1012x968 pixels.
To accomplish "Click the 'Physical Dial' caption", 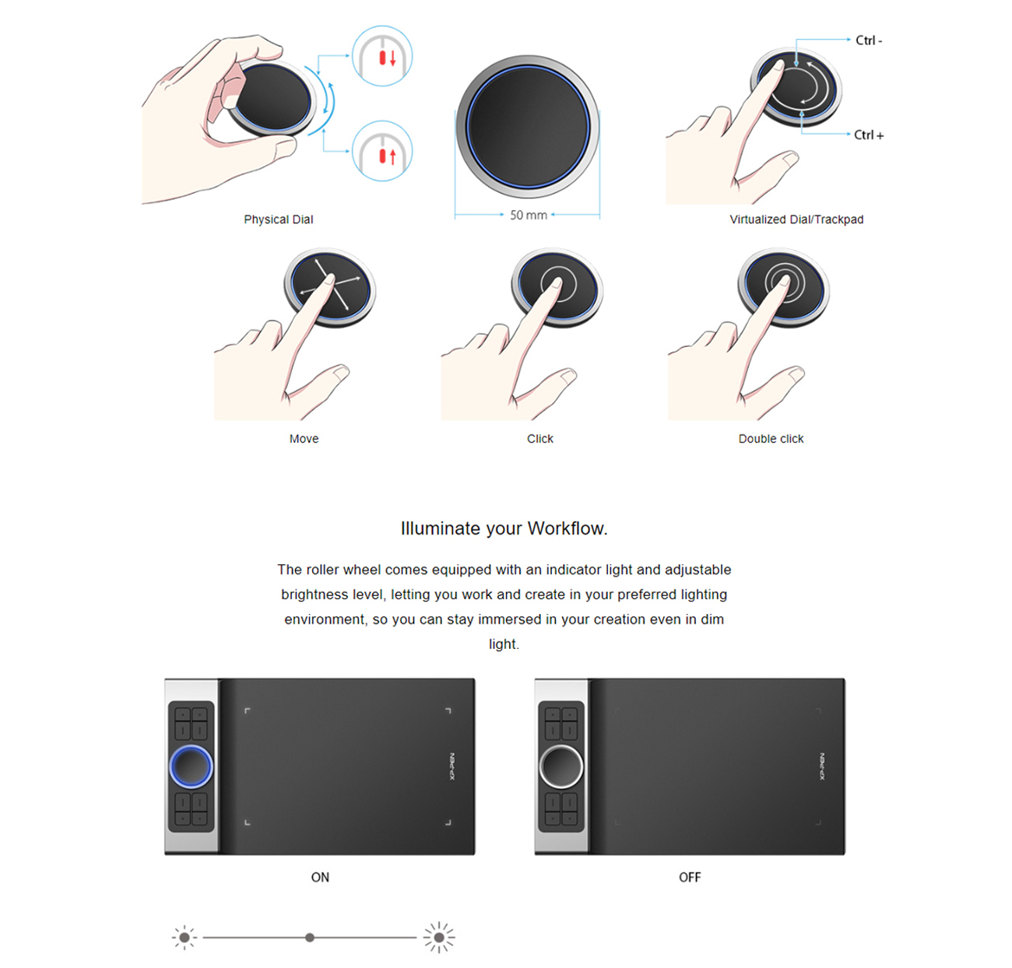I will pyautogui.click(x=278, y=219).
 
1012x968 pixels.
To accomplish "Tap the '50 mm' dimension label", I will pyautogui.click(x=528, y=216).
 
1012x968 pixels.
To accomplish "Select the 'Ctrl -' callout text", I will pyautogui.click(x=868, y=40).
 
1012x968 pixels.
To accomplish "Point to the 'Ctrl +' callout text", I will pyautogui.click(x=868, y=135).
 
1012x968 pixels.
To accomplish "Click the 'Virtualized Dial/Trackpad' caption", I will pyautogui.click(x=796, y=219).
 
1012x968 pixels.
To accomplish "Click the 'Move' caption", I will pyautogui.click(x=304, y=439).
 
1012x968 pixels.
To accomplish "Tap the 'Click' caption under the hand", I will pyautogui.click(x=539, y=439).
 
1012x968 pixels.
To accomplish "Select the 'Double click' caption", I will pyautogui.click(x=771, y=439).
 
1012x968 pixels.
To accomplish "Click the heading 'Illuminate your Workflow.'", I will pyautogui.click(x=504, y=528).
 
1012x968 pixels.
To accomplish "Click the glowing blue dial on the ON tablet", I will pyautogui.click(x=191, y=766).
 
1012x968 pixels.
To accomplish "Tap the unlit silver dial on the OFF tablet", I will pyautogui.click(x=560, y=766).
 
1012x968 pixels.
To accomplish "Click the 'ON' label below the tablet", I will pyautogui.click(x=320, y=877).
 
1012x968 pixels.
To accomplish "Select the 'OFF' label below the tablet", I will pyautogui.click(x=690, y=877).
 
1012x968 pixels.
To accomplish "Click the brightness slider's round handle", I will pyautogui.click(x=310, y=938).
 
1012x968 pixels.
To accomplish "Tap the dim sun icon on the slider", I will pyautogui.click(x=184, y=938).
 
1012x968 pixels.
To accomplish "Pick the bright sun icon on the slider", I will pyautogui.click(x=439, y=938).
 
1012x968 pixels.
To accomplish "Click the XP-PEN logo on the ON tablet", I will pyautogui.click(x=452, y=766).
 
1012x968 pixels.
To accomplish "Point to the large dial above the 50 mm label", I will pyautogui.click(x=528, y=126).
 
